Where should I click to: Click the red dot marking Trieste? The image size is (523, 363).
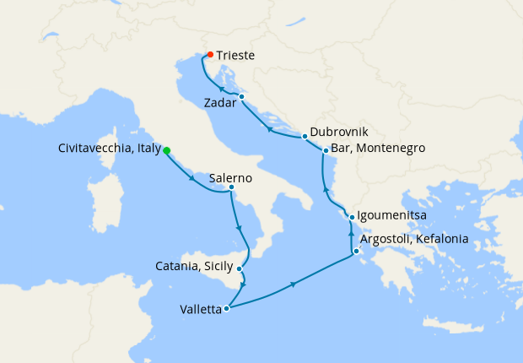(x=210, y=55)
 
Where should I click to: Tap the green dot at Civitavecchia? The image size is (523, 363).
(x=166, y=150)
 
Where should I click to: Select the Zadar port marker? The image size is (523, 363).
(x=241, y=96)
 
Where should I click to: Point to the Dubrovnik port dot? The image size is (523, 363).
(x=304, y=137)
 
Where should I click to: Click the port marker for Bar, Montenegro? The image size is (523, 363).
(x=326, y=151)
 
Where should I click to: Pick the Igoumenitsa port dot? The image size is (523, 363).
(x=352, y=217)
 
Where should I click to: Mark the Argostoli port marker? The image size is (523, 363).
(x=357, y=251)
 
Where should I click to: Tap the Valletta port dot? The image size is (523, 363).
(x=227, y=309)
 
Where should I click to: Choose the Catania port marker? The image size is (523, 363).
(x=241, y=269)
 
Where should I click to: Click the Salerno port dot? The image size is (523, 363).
(x=231, y=187)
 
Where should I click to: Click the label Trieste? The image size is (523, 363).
(x=235, y=56)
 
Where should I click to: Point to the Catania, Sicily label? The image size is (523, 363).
(x=197, y=267)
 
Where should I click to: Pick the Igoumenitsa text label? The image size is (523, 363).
(x=392, y=215)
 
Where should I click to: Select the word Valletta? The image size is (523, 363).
(x=201, y=310)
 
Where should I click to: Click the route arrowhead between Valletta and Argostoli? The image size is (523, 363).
(x=294, y=284)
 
